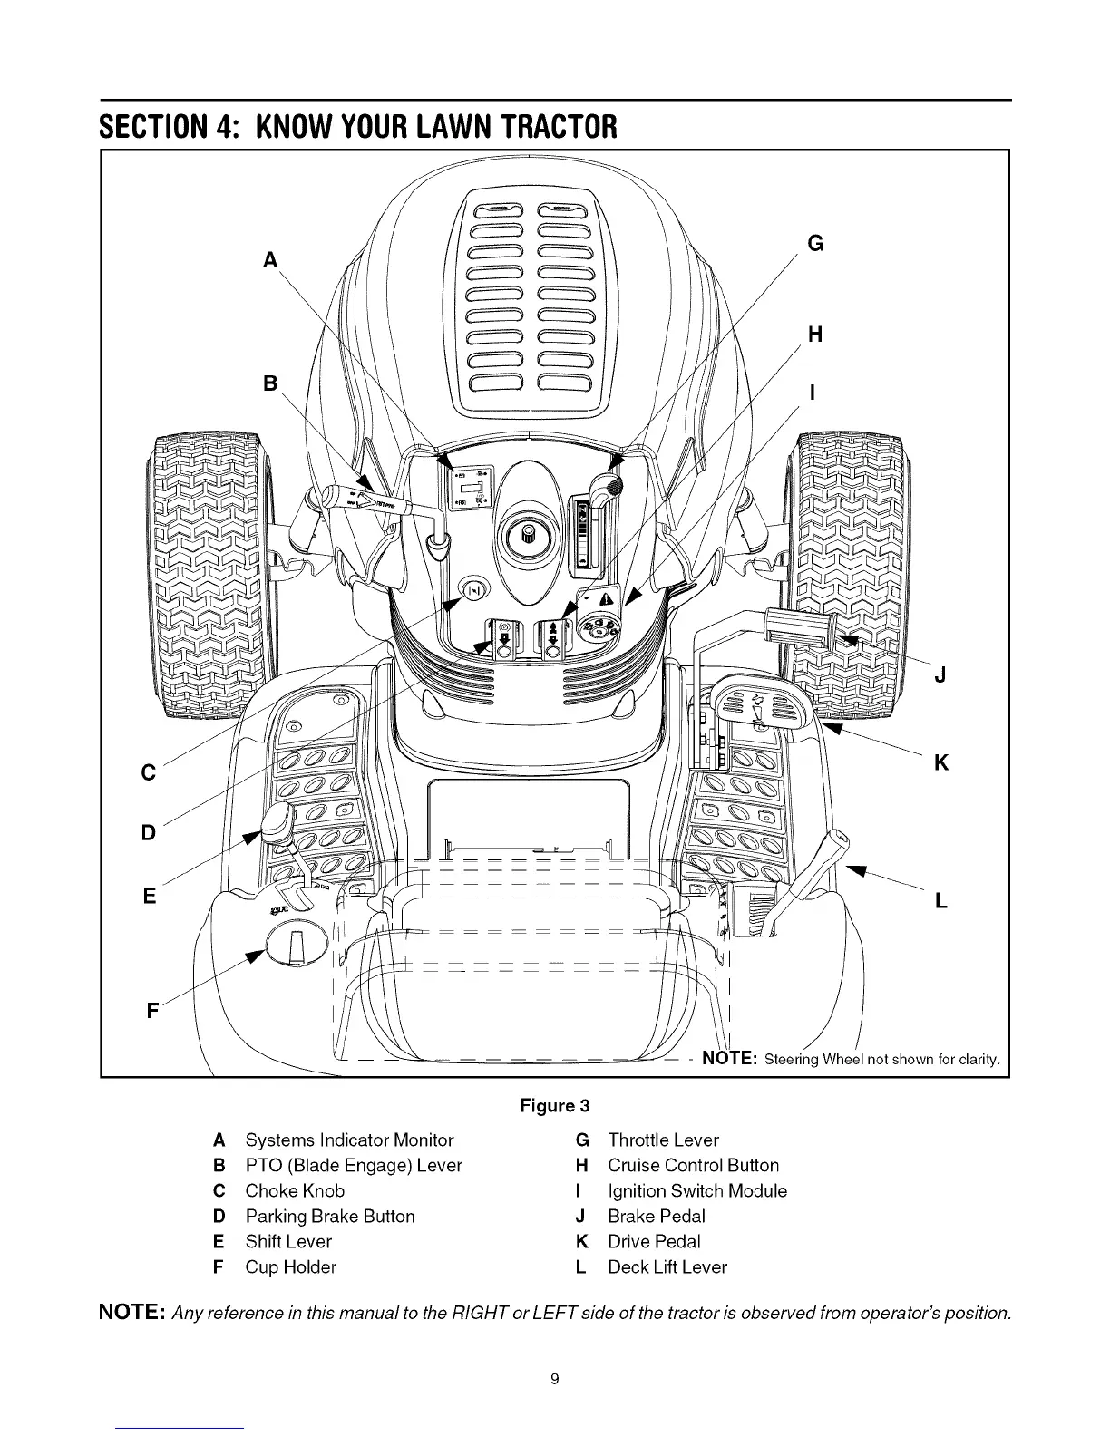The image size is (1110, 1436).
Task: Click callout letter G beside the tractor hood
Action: pos(815,243)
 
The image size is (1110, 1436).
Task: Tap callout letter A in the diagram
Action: pos(268,260)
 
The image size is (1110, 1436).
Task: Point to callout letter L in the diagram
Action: pos(940,901)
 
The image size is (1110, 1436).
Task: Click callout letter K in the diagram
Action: pos(941,763)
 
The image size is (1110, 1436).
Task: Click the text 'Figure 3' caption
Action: pos(554,1106)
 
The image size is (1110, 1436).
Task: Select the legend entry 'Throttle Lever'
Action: pos(663,1140)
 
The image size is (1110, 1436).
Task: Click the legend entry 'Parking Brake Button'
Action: pos(330,1216)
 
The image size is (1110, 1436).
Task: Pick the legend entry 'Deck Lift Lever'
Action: pos(667,1266)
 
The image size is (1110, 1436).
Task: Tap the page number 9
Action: pos(555,1379)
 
